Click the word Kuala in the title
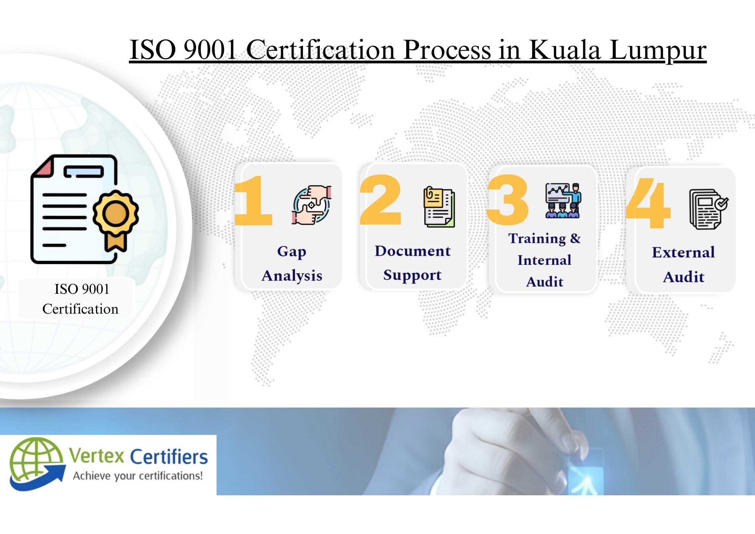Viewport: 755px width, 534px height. point(565,50)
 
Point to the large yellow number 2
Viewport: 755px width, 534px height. point(381,200)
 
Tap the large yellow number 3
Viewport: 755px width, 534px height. point(508,200)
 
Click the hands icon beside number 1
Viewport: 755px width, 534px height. point(311,205)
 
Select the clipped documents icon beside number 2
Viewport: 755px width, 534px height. point(439,207)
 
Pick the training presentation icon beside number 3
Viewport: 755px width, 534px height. point(563,201)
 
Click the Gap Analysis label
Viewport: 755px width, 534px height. point(292,263)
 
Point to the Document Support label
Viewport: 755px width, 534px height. point(413,263)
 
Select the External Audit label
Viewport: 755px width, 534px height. point(683,264)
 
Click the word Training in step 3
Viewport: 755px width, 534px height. point(537,239)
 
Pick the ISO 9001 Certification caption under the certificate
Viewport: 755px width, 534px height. point(81,299)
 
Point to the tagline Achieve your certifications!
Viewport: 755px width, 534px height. point(138,476)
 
